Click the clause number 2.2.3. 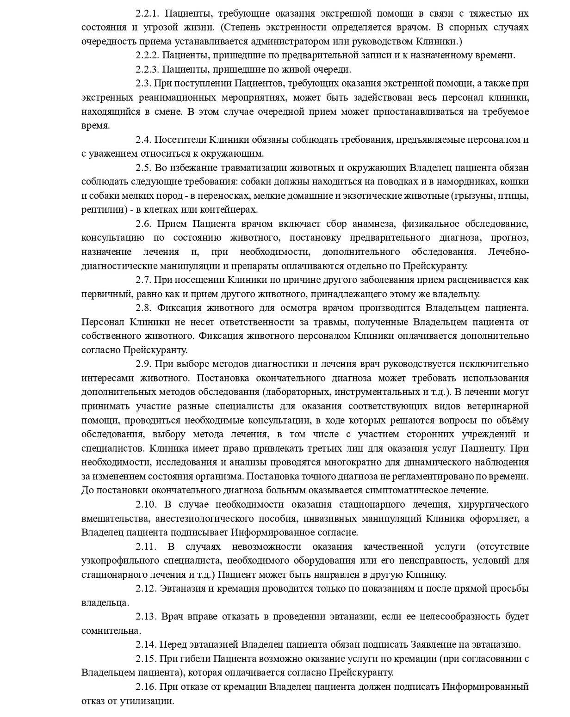click(x=147, y=69)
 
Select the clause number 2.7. click(x=143, y=280)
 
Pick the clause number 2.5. click(x=143, y=167)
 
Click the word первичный click(x=105, y=294)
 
